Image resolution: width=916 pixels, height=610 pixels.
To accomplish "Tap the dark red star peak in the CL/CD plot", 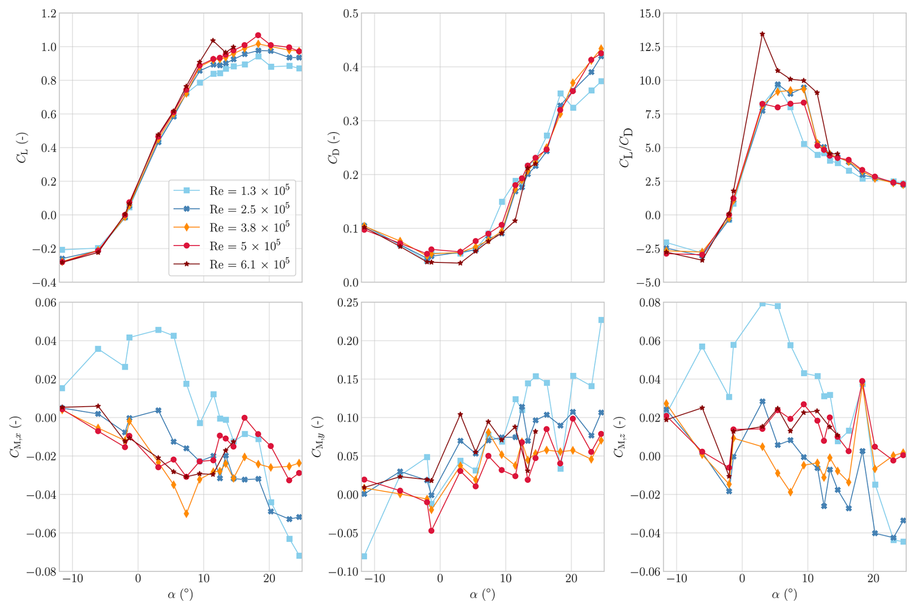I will [x=762, y=34].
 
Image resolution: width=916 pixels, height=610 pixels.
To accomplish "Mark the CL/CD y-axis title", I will [x=626, y=147].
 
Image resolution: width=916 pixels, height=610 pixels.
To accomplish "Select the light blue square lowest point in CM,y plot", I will [x=364, y=556].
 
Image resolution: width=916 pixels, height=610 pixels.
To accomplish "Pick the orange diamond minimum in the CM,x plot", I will [x=186, y=514].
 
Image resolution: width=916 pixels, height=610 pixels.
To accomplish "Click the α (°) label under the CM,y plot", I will [x=482, y=594].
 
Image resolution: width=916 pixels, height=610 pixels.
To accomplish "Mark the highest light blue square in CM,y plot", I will [x=601, y=320].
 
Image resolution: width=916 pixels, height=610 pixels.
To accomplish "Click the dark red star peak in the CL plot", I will [x=213, y=41].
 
